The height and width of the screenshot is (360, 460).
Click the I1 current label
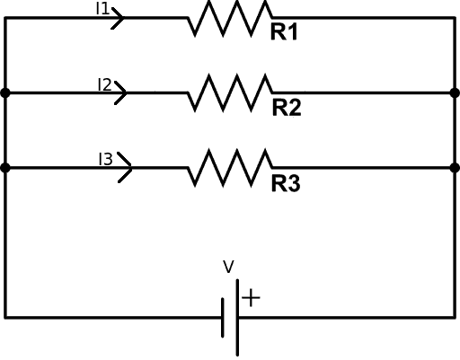point(102,9)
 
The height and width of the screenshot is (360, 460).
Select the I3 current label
point(105,159)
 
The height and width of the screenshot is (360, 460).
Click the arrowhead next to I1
point(119,17)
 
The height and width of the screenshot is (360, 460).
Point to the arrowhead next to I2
point(120,92)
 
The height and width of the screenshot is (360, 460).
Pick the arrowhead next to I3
point(125,167)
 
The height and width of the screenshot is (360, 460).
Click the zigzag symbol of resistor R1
point(229,17)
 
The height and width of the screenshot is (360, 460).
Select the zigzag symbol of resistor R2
point(229,92)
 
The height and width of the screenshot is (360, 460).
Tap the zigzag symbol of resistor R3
point(229,167)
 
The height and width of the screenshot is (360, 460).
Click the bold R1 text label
point(285,34)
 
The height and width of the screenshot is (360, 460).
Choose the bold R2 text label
point(286,109)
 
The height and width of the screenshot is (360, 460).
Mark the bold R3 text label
point(286,184)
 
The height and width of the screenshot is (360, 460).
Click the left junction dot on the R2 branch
point(5,92)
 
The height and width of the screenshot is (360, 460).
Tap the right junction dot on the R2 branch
point(455,92)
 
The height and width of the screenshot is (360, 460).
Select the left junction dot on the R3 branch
point(5,167)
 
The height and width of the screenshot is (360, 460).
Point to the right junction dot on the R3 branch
point(455,167)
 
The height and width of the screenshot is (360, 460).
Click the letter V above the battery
point(228,267)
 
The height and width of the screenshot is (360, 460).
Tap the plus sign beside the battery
point(251,297)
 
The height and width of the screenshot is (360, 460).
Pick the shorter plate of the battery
point(223,317)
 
